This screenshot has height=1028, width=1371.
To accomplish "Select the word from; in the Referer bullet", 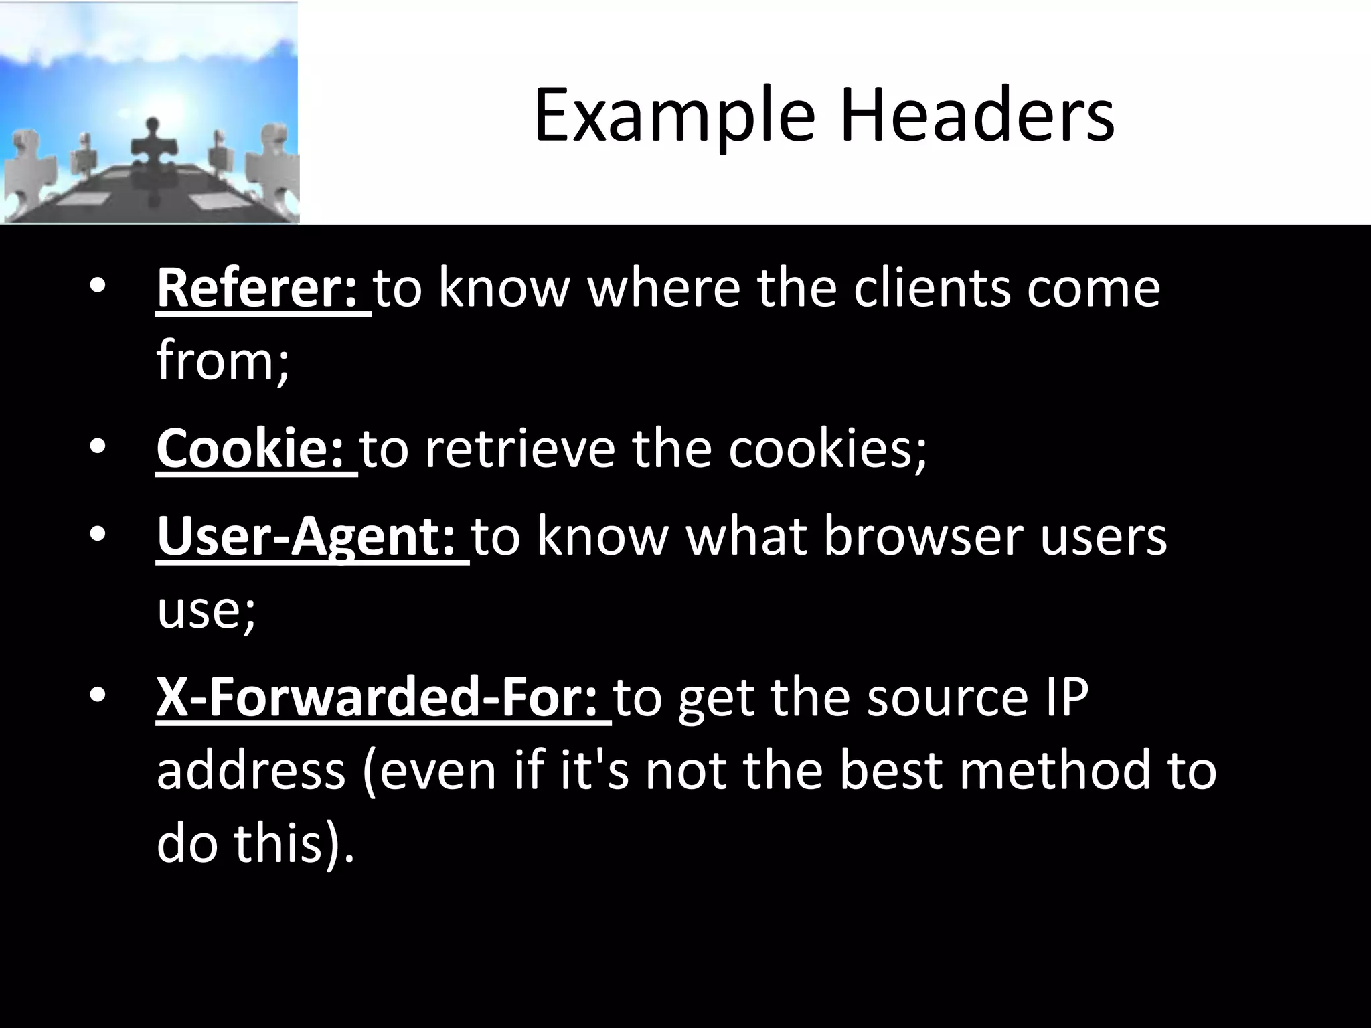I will pos(223,361).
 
